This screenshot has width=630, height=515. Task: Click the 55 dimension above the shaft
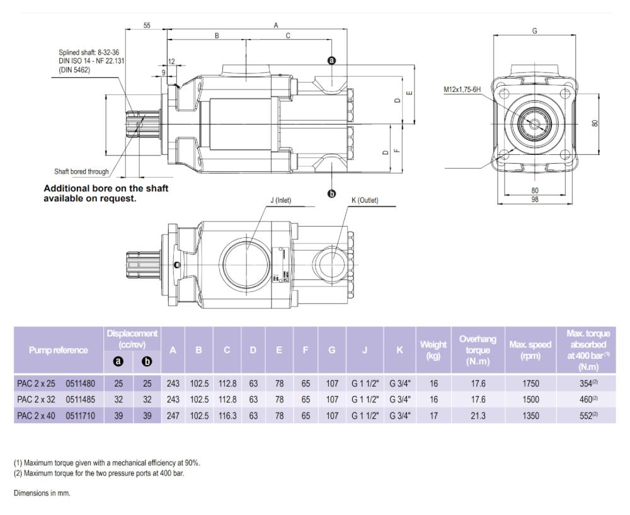click(x=147, y=25)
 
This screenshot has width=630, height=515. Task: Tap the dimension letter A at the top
click(x=275, y=25)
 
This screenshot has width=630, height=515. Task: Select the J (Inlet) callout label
click(x=280, y=201)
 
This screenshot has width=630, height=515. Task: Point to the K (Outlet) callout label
click(x=364, y=201)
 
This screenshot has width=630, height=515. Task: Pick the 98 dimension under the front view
click(x=534, y=199)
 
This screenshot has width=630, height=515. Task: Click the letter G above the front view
click(x=534, y=31)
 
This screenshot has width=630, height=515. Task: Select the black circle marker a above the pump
click(x=332, y=60)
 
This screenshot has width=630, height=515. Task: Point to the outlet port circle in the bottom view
click(x=332, y=259)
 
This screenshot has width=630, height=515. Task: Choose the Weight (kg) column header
click(x=433, y=349)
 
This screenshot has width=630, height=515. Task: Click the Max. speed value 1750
click(x=531, y=382)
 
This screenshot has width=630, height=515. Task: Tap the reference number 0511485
click(x=80, y=399)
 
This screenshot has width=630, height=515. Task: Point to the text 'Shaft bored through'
click(x=81, y=172)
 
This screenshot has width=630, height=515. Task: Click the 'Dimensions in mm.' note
click(x=42, y=493)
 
